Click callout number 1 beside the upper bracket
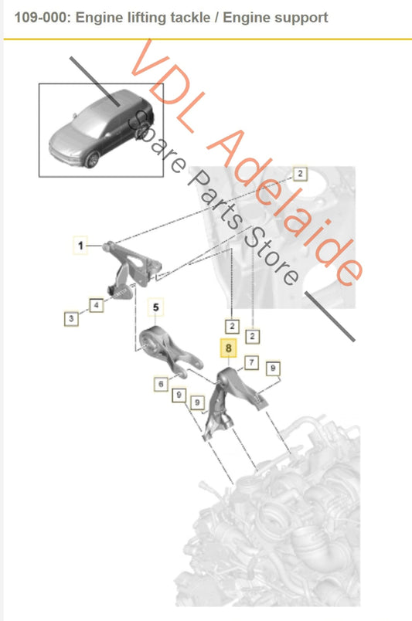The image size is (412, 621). (x=80, y=246)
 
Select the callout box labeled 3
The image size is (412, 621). (x=70, y=317)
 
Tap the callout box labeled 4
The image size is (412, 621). (x=96, y=305)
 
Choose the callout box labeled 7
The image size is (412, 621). (x=251, y=361)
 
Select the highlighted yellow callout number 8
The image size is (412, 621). (x=229, y=348)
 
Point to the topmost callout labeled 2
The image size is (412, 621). (x=300, y=174)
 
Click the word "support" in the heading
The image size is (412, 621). (x=301, y=17)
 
